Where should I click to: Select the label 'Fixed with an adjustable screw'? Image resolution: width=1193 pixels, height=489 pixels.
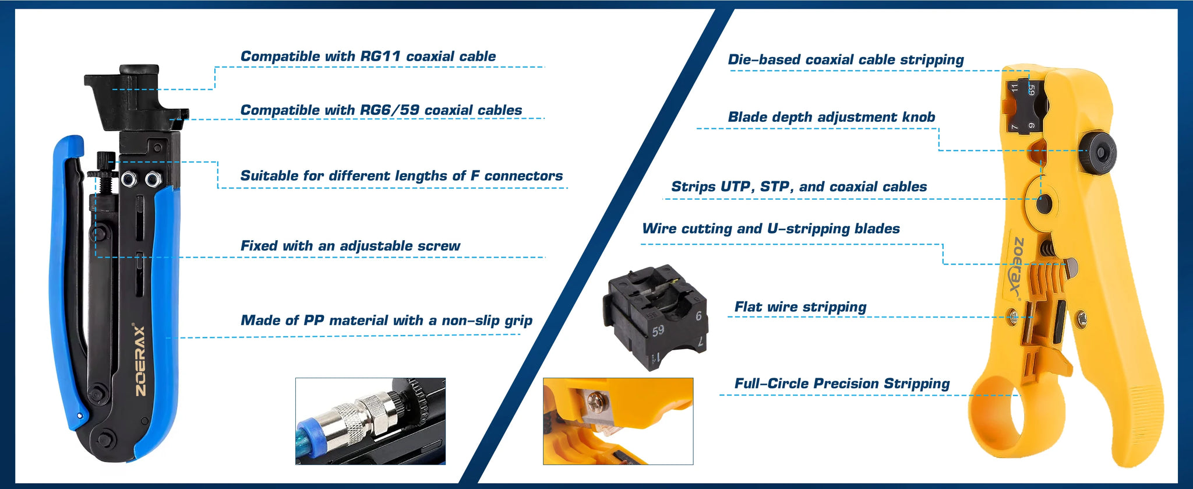tap(350, 246)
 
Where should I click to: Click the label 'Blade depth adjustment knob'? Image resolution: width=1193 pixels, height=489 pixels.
tap(831, 117)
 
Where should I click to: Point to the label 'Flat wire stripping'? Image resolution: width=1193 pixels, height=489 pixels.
tap(800, 307)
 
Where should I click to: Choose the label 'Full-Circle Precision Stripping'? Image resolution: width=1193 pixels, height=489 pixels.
tap(842, 384)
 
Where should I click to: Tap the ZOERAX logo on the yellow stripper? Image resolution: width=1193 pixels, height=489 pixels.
tap(1016, 268)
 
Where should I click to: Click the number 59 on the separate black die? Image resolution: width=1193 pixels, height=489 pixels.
tap(658, 330)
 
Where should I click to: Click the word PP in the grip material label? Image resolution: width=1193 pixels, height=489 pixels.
tap(314, 321)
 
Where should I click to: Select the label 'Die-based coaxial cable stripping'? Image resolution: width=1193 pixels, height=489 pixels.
tap(846, 59)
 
